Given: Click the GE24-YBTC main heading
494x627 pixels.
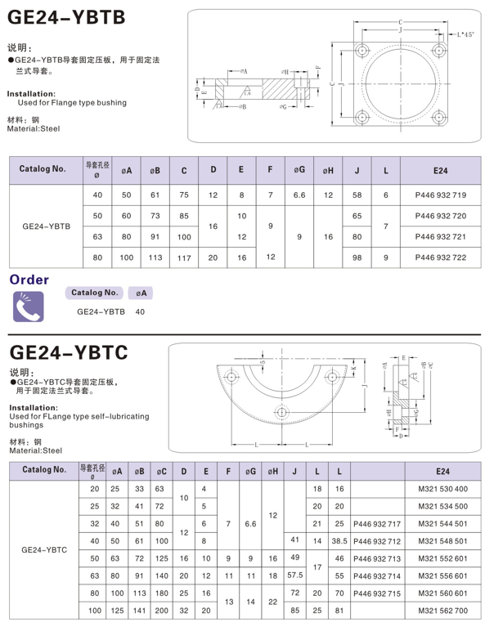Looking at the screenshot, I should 68,352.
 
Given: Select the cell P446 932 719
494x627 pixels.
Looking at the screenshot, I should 440,195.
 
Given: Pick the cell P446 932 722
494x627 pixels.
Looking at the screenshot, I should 440,258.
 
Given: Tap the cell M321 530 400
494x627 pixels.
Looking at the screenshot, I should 442,488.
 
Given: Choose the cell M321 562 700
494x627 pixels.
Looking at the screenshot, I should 442,610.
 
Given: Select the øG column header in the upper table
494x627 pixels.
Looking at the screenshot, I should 299,170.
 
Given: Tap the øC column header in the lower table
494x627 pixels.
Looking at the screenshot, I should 161,471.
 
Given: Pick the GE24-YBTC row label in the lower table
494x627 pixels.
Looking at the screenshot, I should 46,549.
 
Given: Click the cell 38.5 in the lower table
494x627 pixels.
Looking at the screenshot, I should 339,540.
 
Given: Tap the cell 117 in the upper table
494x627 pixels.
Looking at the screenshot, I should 184,258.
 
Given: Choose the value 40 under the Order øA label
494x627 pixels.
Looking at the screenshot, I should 140,311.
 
